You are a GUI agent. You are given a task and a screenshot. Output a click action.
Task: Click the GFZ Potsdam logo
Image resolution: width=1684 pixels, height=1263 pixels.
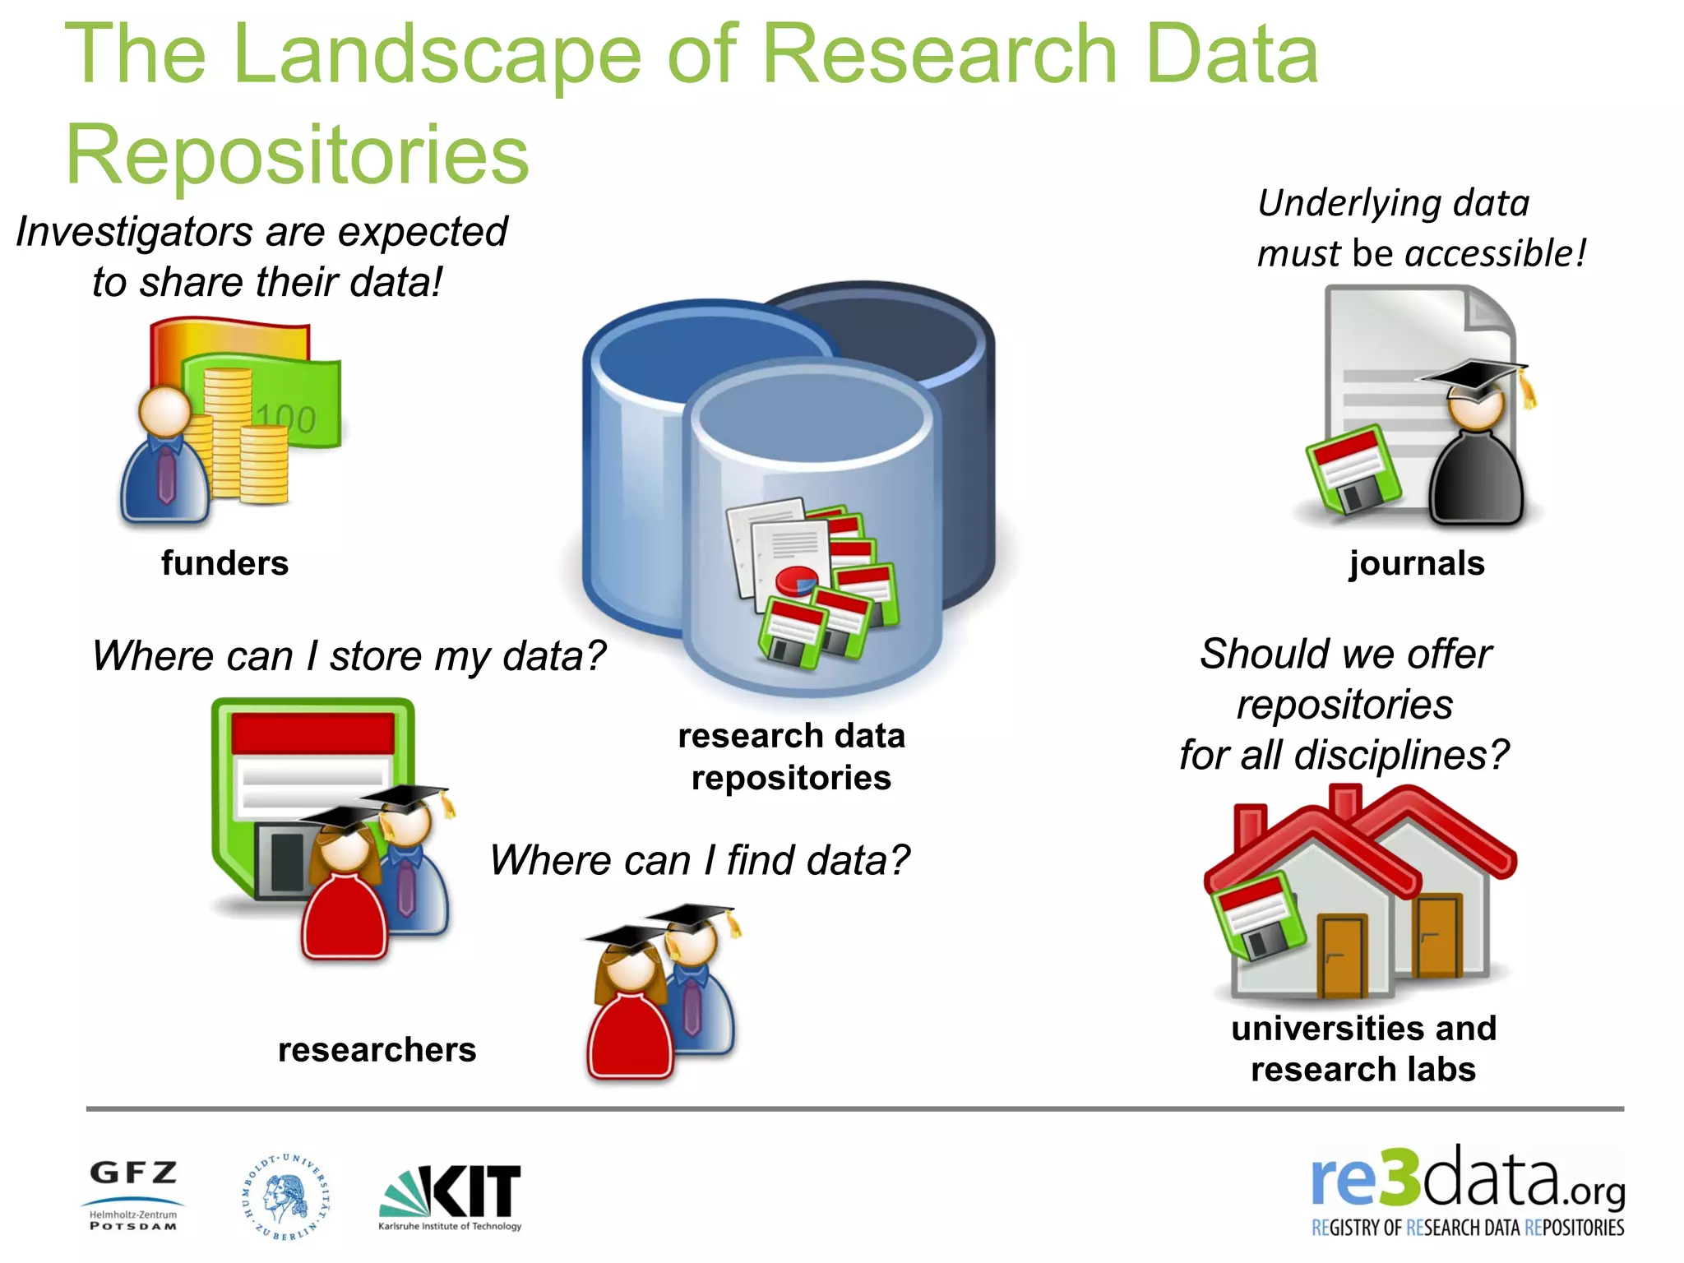pos(133,1195)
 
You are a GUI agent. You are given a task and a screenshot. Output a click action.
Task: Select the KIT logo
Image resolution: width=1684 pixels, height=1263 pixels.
pos(451,1196)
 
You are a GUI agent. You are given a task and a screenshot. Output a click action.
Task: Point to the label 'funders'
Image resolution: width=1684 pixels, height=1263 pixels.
pos(224,563)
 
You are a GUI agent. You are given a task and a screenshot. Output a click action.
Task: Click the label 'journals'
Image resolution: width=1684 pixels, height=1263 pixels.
pos(1416,563)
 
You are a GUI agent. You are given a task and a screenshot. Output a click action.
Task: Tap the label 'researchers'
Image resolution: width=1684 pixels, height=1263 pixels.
pos(377,1050)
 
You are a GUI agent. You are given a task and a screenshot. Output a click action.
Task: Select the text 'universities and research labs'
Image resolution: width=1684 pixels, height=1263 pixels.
pos(1363,1048)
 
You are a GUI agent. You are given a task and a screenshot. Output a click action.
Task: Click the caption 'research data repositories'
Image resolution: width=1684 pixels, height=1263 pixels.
pos(791,756)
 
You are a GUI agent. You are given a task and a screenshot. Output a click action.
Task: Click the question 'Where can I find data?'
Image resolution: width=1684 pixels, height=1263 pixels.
pos(700,860)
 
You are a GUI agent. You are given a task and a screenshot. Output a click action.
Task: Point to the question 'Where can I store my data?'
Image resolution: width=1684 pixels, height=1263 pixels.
pos(349,656)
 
